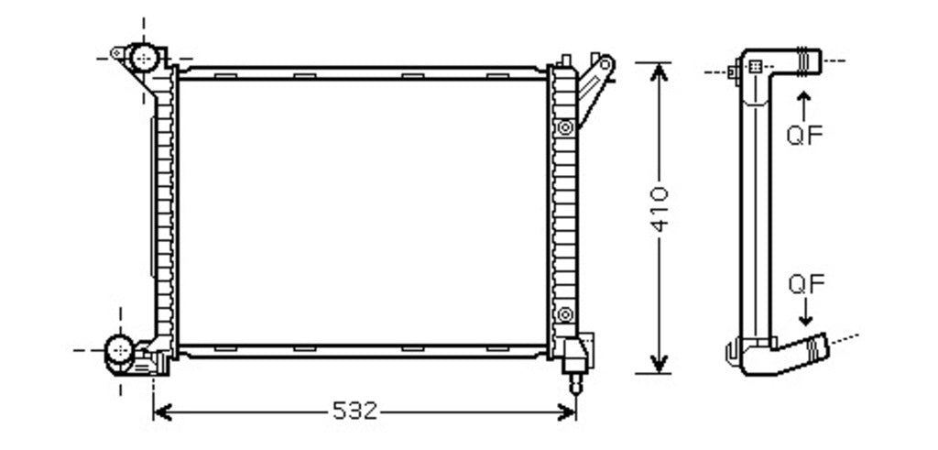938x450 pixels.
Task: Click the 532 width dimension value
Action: (354, 412)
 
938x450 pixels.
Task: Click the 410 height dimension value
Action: (660, 209)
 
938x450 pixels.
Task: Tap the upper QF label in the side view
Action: (804, 136)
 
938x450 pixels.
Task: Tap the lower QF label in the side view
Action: (806, 284)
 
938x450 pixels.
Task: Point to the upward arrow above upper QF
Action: (804, 106)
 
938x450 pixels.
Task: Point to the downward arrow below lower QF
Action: (806, 312)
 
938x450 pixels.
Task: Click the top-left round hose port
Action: (144, 58)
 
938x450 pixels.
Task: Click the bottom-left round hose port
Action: (119, 349)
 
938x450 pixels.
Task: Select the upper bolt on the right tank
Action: (564, 127)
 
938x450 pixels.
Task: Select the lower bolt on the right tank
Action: (564, 314)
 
